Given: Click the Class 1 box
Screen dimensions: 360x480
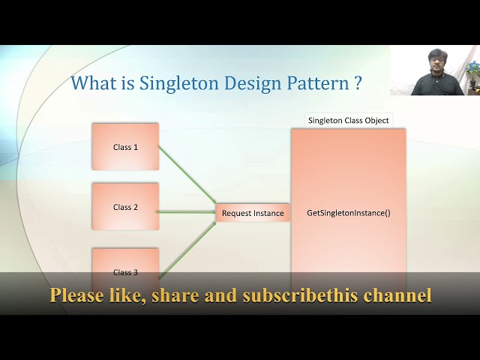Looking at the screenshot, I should [125, 147].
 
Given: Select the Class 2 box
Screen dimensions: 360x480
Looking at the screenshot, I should [125, 206].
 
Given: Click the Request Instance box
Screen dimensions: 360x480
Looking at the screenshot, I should [253, 213].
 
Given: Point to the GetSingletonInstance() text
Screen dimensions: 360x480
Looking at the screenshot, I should [349, 213].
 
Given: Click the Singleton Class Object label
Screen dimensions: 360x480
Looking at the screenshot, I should [349, 120].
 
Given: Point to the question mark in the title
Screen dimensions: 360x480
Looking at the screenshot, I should [358, 83].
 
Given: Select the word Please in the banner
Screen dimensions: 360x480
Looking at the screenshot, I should [76, 295].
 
